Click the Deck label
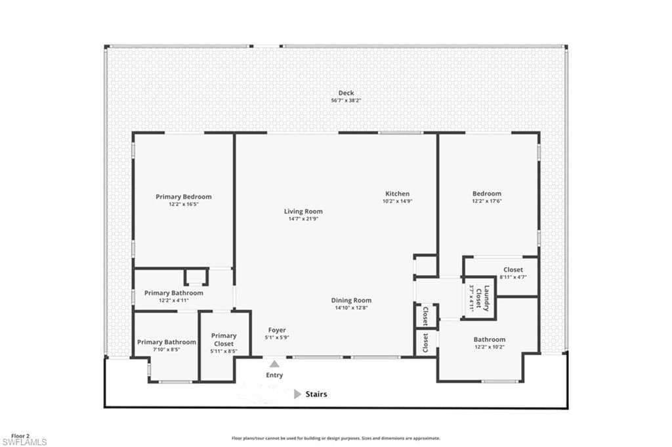tap(346, 93)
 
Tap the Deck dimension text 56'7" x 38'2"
tap(346, 100)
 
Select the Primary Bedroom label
tap(184, 197)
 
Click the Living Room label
tap(303, 211)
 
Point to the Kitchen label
tap(397, 194)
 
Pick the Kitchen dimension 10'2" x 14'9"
tap(398, 201)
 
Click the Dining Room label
tap(352, 301)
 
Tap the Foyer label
tap(277, 330)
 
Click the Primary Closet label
tap(224, 339)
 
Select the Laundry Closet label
tap(483, 298)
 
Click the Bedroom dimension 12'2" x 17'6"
tap(487, 201)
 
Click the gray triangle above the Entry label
tap(274, 364)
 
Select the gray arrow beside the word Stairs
tap(297, 394)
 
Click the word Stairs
tap(316, 394)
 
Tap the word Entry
tap(274, 375)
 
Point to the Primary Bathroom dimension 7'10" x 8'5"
tap(166, 350)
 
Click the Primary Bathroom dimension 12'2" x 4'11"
tap(173, 301)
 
